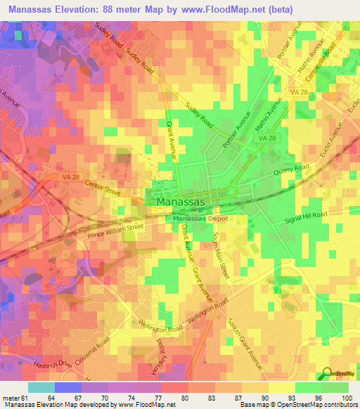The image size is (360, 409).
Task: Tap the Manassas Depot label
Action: pyautogui.click(x=198, y=218)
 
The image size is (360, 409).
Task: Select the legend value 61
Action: pyautogui.click(x=27, y=398)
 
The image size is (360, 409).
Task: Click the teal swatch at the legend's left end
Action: pyautogui.click(x=41, y=387)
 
